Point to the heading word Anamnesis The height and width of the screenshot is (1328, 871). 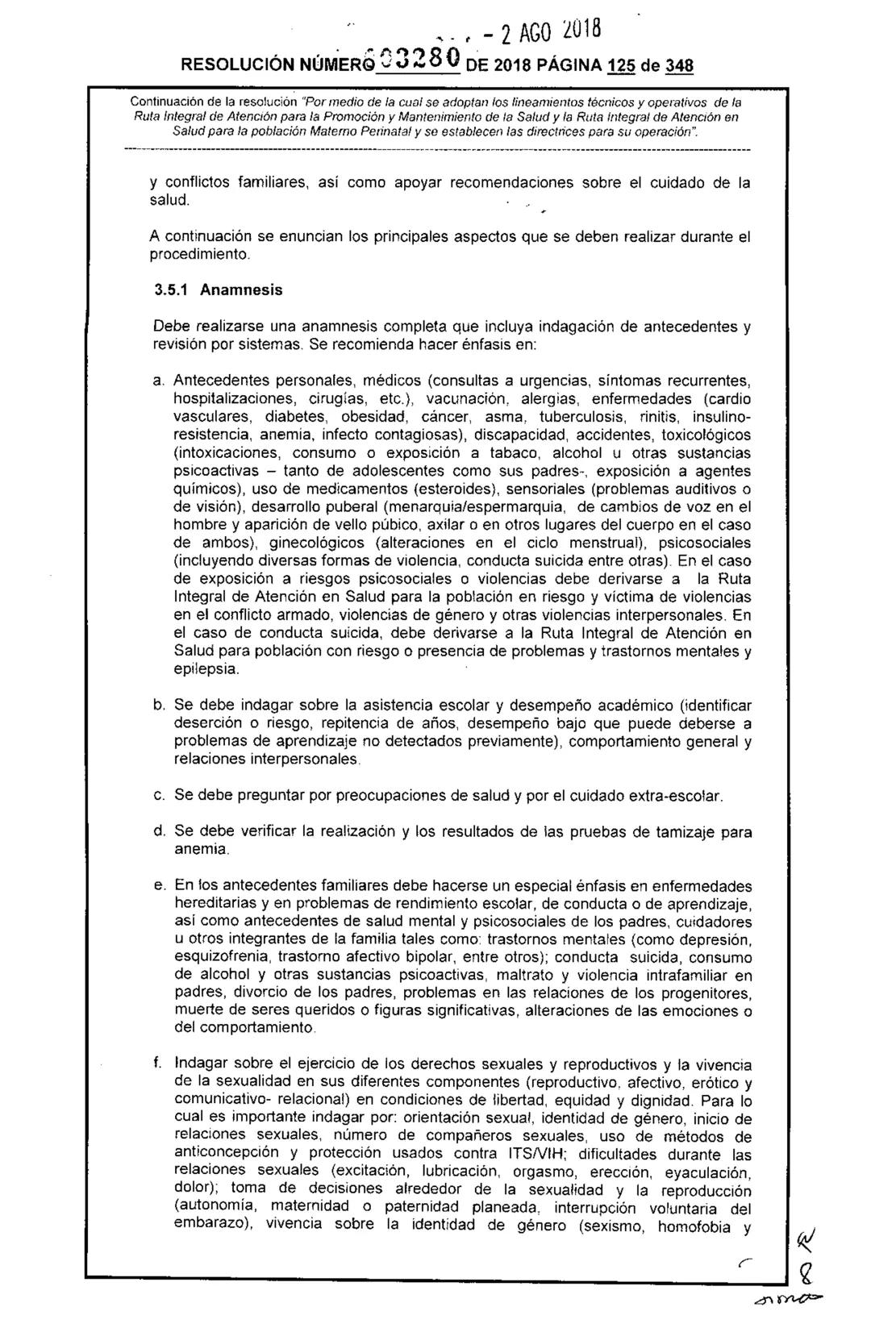(x=241, y=288)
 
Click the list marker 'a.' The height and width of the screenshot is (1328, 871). (x=159, y=381)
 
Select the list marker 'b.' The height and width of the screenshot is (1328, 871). (x=159, y=706)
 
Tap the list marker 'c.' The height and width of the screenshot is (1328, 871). (x=159, y=796)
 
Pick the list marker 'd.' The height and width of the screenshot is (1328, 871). (x=159, y=831)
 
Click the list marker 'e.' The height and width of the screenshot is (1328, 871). (x=159, y=886)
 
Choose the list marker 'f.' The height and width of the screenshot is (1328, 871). (x=157, y=1066)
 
